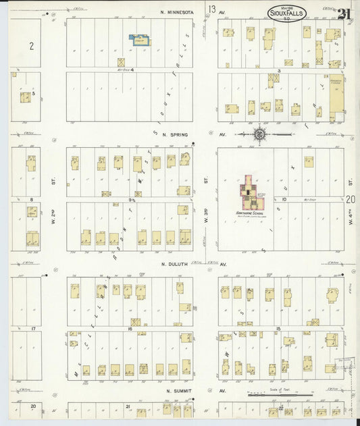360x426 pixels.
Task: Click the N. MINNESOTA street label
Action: coord(177,12)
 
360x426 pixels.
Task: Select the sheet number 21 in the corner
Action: coord(345,13)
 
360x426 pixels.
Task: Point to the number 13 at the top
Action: coord(212,9)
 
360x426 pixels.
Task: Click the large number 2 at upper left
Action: coord(31,45)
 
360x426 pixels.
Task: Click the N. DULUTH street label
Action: coord(177,265)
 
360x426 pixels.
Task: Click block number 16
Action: coord(128,328)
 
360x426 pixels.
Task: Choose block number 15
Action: coord(278,328)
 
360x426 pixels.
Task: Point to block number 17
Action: coord(32,328)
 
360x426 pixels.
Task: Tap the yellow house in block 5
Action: coord(25,98)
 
